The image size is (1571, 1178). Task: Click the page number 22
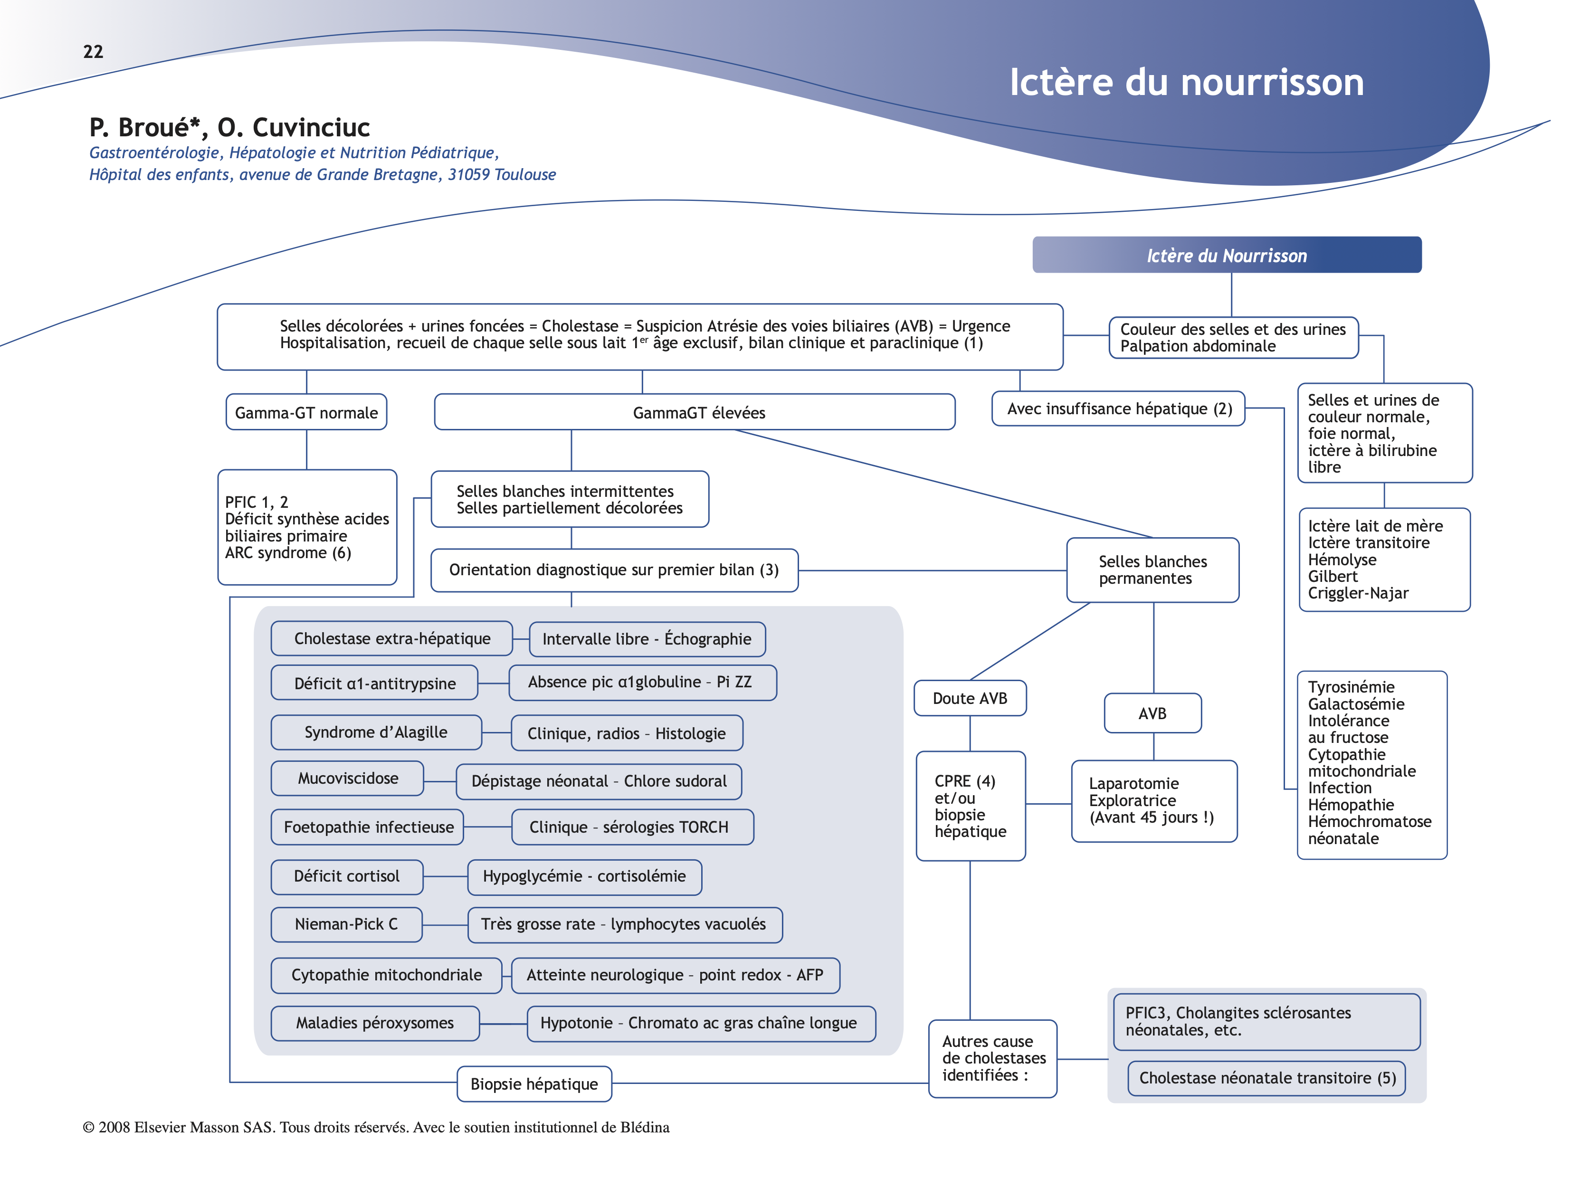point(93,52)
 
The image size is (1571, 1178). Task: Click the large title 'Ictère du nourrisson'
point(1186,82)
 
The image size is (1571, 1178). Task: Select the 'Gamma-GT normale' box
point(306,413)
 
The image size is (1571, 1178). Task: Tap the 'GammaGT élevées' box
point(695,413)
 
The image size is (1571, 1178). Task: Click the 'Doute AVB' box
point(970,699)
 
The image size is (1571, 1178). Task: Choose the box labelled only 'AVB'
point(1152,713)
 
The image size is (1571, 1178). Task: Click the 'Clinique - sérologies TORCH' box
point(631,827)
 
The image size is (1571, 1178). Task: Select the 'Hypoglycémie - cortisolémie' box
point(584,877)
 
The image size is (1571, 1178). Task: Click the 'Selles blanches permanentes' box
point(1152,570)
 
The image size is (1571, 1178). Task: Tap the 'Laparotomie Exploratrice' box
point(1153,801)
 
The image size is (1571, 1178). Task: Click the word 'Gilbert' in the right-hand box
point(1333,577)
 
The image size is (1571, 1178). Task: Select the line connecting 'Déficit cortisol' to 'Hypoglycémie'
point(445,877)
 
